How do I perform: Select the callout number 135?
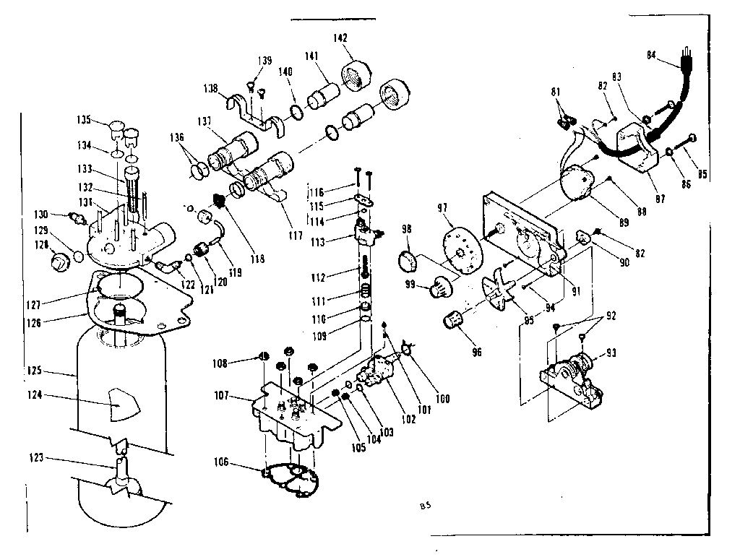coord(85,120)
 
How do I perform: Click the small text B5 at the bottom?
coord(424,504)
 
